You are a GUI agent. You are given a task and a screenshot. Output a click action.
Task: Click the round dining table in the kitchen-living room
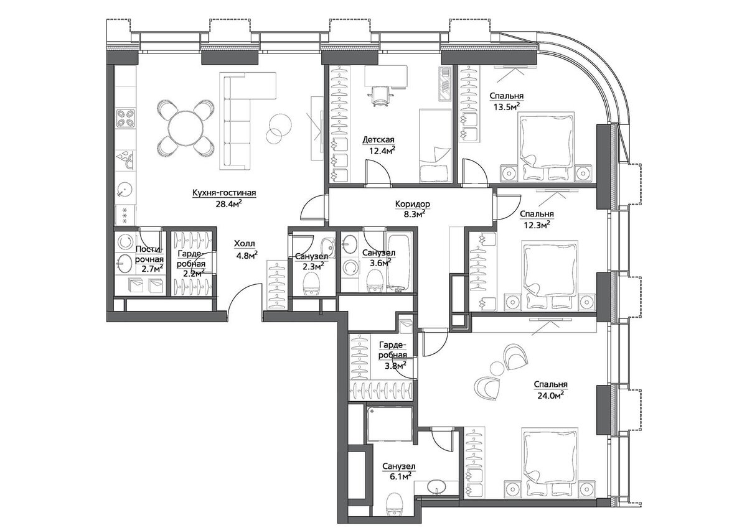click(186, 128)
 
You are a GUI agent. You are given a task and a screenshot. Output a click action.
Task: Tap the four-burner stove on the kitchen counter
click(126, 118)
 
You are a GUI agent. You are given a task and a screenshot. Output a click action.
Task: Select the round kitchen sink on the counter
click(125, 190)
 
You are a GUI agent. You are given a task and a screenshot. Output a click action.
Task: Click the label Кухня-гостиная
click(224, 193)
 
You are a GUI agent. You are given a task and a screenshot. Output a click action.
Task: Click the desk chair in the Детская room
click(380, 96)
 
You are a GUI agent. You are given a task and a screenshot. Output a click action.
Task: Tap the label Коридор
click(413, 203)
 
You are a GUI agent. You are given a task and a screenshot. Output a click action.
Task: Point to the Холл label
click(244, 244)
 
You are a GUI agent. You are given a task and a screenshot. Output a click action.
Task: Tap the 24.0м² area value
click(550, 396)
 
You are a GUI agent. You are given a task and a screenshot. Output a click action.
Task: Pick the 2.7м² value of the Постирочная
click(153, 269)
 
